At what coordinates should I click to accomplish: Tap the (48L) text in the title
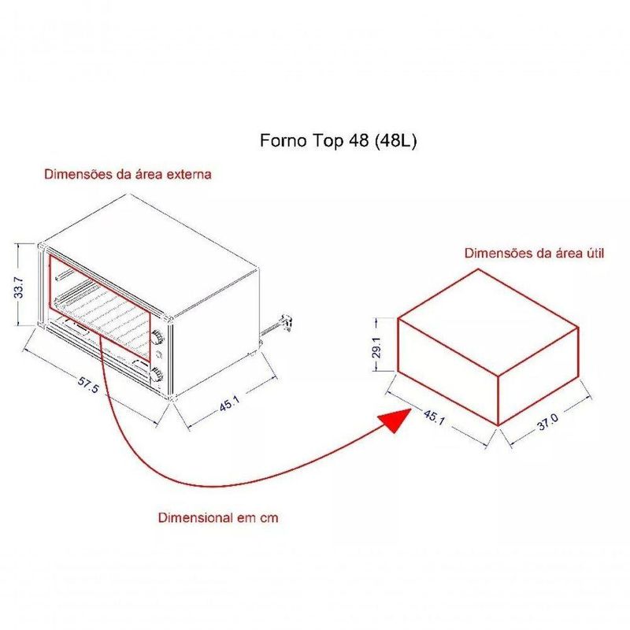point(395,141)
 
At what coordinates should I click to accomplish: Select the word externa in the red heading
point(189,174)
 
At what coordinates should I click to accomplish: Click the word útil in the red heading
point(594,253)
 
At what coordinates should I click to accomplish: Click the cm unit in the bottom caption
point(269,518)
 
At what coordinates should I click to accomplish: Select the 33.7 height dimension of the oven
point(18,287)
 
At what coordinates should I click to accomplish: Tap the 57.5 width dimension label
point(87,384)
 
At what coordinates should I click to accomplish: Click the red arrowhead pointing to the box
point(395,420)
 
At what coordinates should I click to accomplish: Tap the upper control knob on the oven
point(157,337)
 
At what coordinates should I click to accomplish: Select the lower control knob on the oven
point(156,376)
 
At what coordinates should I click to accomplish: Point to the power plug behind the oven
point(287,321)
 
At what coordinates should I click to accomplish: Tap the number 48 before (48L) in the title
point(359,141)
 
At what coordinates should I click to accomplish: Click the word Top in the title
point(328,142)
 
